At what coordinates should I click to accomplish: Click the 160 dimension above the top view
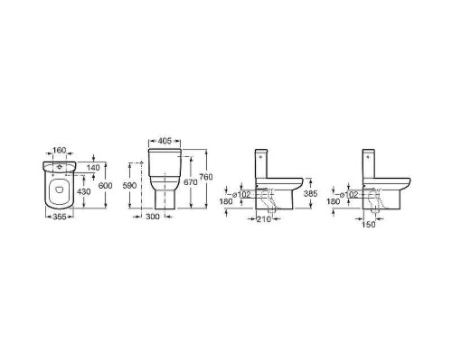pyautogui.click(x=59, y=150)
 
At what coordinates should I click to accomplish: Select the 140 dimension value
pyautogui.click(x=93, y=168)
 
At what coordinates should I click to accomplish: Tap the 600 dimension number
pyautogui.click(x=106, y=186)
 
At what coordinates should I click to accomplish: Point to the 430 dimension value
pyautogui.click(x=84, y=191)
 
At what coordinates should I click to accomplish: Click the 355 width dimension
pyautogui.click(x=60, y=217)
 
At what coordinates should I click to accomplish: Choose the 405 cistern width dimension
pyautogui.click(x=165, y=141)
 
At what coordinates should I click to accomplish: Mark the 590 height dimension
pyautogui.click(x=129, y=186)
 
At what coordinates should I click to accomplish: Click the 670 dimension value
pyautogui.click(x=191, y=182)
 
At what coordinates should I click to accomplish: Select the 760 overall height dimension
pyautogui.click(x=206, y=177)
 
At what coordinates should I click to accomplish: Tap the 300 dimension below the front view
pyautogui.click(x=153, y=217)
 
